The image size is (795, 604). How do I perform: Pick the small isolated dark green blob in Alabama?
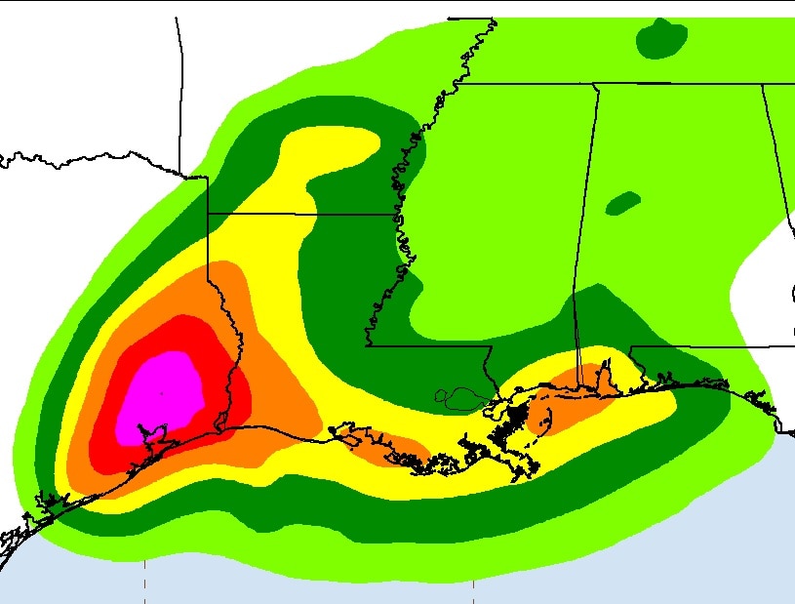(x=621, y=203)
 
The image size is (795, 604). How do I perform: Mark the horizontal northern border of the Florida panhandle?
(x=702, y=345)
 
